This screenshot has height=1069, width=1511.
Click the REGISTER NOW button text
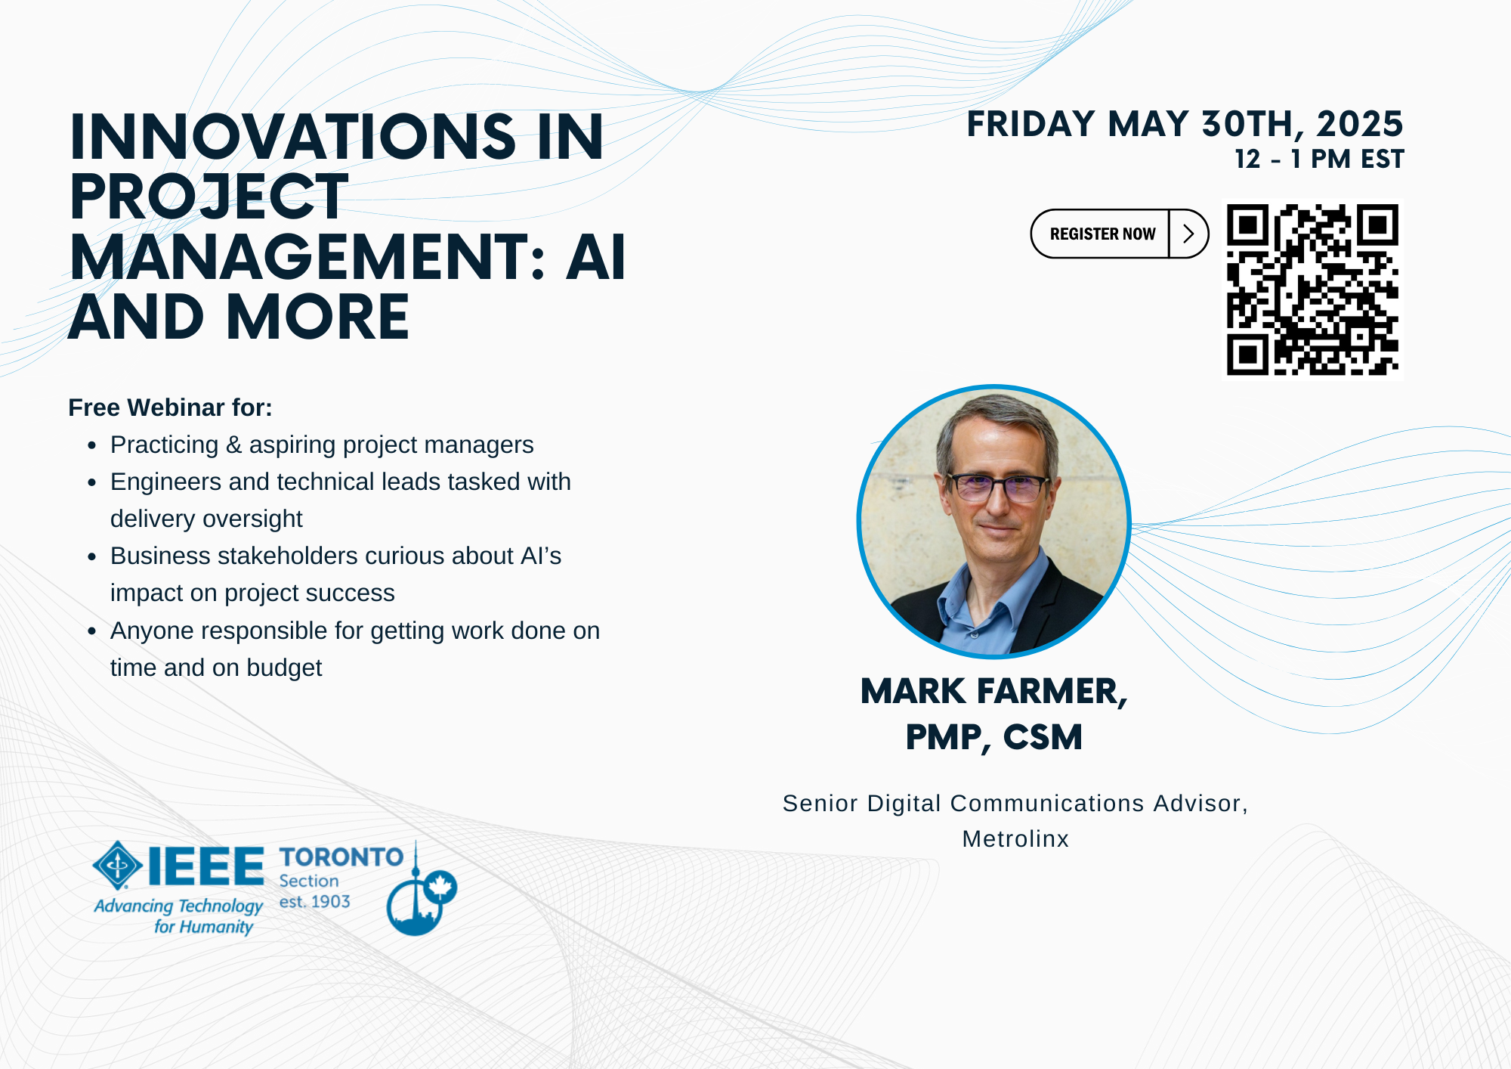pyautogui.click(x=1102, y=234)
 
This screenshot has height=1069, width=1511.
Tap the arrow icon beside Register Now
pyautogui.click(x=1188, y=234)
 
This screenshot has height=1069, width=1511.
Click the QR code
pyautogui.click(x=1312, y=289)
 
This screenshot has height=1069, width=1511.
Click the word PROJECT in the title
pyautogui.click(x=209, y=197)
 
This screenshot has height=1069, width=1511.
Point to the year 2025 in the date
pyautogui.click(x=1359, y=124)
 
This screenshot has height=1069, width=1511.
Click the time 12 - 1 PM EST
pyautogui.click(x=1318, y=160)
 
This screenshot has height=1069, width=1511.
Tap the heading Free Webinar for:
pyautogui.click(x=170, y=407)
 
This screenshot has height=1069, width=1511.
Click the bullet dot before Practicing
pyautogui.click(x=91, y=445)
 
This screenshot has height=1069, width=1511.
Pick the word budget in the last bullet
pyautogui.click(x=284, y=668)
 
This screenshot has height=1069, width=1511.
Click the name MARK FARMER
pyautogui.click(x=993, y=691)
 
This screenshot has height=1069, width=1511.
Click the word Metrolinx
pyautogui.click(x=1015, y=838)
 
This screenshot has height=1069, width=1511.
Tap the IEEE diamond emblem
pyautogui.click(x=117, y=865)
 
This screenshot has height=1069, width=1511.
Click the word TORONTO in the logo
pyautogui.click(x=341, y=857)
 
